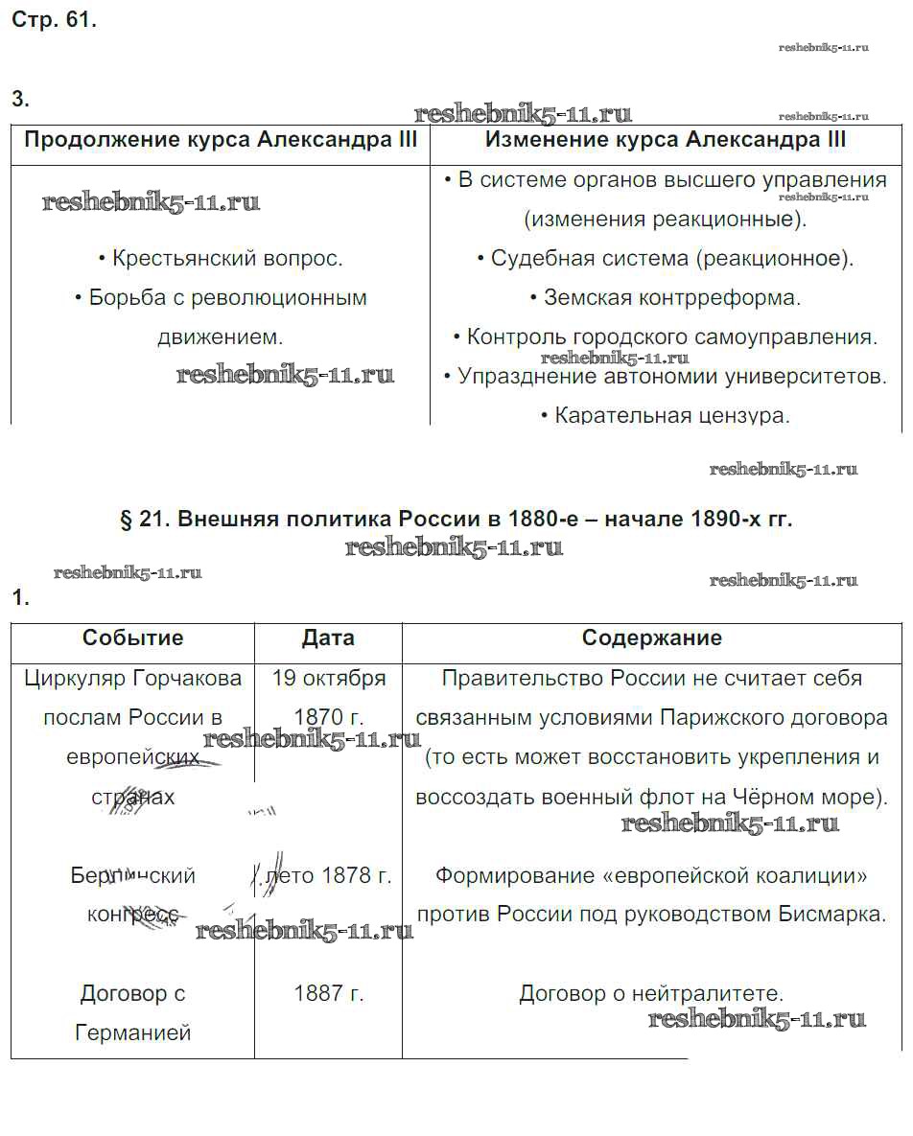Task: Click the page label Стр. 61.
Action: click(54, 21)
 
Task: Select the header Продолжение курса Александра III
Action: click(221, 140)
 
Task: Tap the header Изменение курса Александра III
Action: click(666, 140)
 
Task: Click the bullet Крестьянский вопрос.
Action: click(221, 259)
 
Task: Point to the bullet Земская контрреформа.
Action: click(666, 298)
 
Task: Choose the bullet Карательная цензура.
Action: click(666, 416)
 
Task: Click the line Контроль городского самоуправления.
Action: click(666, 337)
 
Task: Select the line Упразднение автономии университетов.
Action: click(666, 377)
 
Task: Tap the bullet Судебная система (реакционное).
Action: click(666, 259)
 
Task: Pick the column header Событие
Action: click(132, 638)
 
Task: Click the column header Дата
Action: click(328, 638)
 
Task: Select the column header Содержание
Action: click(652, 638)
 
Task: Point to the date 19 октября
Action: click(329, 679)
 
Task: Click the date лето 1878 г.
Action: click(329, 875)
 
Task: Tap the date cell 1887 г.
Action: click(329, 994)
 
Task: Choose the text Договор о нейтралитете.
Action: click(652, 994)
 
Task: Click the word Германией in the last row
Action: click(132, 1033)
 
